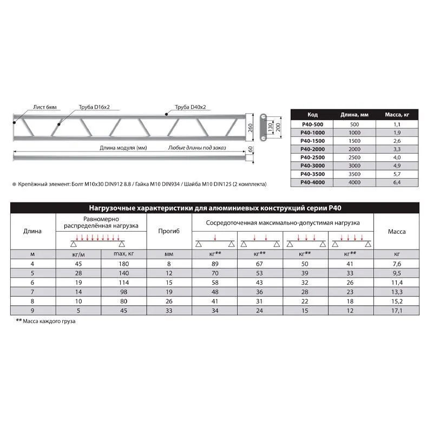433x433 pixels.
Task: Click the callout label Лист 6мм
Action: click(x=44, y=108)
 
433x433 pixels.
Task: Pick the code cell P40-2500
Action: click(x=308, y=158)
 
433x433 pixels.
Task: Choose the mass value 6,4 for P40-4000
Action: click(x=396, y=183)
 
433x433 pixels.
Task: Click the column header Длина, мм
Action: click(x=355, y=114)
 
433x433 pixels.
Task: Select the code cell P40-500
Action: click(x=308, y=124)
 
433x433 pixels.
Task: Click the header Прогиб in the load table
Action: click(x=168, y=231)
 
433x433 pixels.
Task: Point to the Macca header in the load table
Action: click(x=397, y=231)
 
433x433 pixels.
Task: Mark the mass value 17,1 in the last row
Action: click(x=397, y=311)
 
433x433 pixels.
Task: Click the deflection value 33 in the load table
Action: click(x=168, y=311)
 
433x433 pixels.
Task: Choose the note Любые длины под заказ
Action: click(x=197, y=147)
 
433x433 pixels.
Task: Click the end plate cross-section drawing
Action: click(x=263, y=128)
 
